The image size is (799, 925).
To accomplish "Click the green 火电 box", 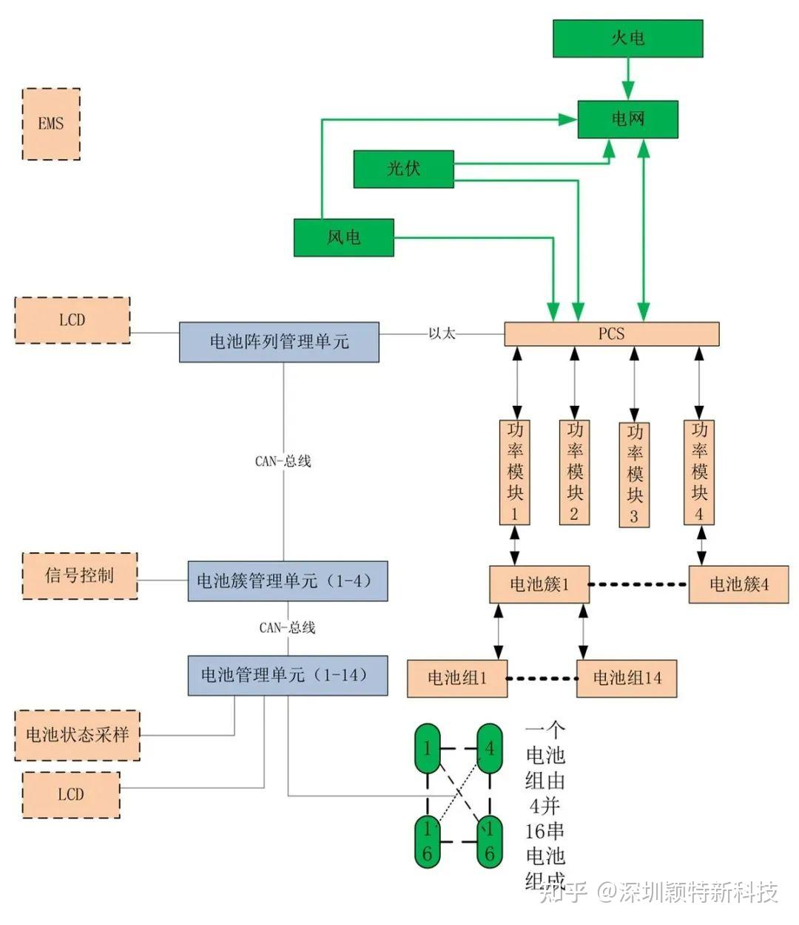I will click(x=627, y=38).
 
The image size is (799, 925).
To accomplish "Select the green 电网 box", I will click(x=627, y=119).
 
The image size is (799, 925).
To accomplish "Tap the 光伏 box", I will click(x=403, y=169).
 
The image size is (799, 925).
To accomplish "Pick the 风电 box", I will click(x=343, y=237).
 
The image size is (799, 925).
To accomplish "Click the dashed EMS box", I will click(x=51, y=124).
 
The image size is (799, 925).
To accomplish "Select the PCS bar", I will click(x=611, y=334).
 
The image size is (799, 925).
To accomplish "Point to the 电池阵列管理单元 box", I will click(x=279, y=342).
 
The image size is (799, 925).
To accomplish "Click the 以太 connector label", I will click(x=442, y=334).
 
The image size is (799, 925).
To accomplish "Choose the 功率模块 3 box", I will click(x=634, y=475).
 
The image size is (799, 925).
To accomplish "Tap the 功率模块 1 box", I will click(x=515, y=472).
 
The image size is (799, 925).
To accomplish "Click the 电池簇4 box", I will click(x=738, y=584).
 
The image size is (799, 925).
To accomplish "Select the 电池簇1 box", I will click(x=539, y=584).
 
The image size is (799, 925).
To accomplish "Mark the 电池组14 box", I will click(x=627, y=678).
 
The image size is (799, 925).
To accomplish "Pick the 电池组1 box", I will click(x=457, y=678).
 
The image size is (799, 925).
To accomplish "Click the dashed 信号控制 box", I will click(x=80, y=575).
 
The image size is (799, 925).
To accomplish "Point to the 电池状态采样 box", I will click(x=77, y=735).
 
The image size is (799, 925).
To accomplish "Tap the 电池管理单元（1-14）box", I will click(x=287, y=675).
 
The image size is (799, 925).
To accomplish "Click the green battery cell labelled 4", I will click(x=489, y=748).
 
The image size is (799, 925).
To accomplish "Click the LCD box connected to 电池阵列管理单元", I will click(x=73, y=320).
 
